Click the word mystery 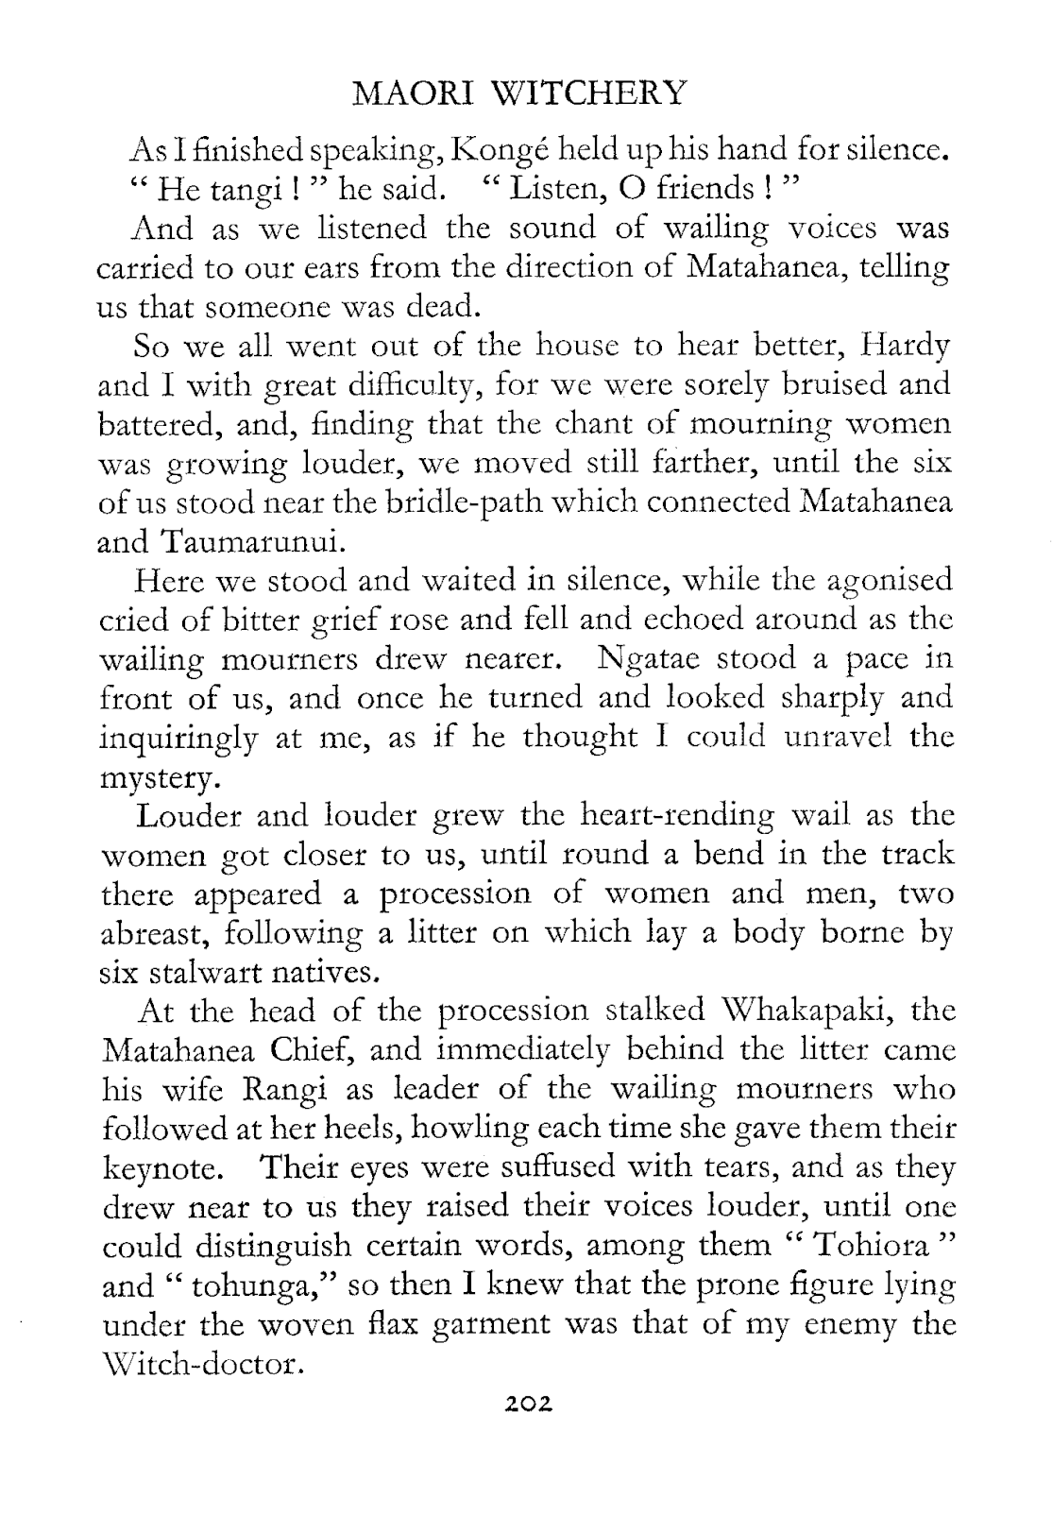click(158, 778)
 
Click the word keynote click(161, 1170)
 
